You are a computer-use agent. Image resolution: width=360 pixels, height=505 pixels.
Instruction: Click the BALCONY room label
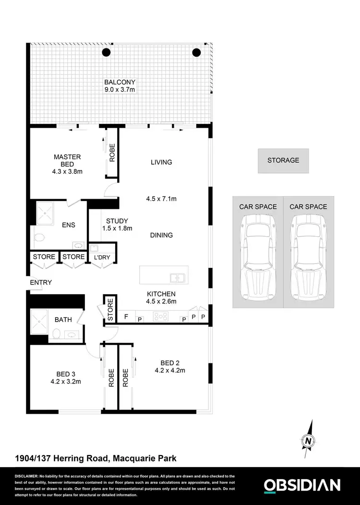tap(120, 82)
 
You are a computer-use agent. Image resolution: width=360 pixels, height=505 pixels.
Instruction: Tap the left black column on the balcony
tap(107, 53)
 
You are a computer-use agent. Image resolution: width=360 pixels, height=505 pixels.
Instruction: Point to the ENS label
tap(69, 225)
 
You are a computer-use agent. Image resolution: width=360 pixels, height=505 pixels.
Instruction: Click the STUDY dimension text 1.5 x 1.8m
tap(117, 228)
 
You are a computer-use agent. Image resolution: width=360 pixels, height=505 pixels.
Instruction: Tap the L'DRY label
tap(102, 257)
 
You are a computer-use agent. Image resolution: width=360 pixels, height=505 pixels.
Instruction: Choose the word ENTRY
tap(41, 283)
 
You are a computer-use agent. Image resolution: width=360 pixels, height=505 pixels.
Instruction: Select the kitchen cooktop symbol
tap(158, 316)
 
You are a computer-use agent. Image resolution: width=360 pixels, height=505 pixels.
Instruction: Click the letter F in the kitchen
tap(126, 317)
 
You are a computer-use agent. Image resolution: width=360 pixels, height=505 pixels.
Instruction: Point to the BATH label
tap(63, 319)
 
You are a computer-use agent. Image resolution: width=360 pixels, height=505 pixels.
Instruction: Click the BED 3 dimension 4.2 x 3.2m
tap(65, 382)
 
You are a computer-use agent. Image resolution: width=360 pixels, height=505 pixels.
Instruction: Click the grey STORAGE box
tap(283, 161)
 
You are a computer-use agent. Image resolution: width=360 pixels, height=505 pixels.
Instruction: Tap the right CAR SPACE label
tap(308, 207)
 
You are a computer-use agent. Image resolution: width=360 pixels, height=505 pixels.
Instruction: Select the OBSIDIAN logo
tap(302, 485)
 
